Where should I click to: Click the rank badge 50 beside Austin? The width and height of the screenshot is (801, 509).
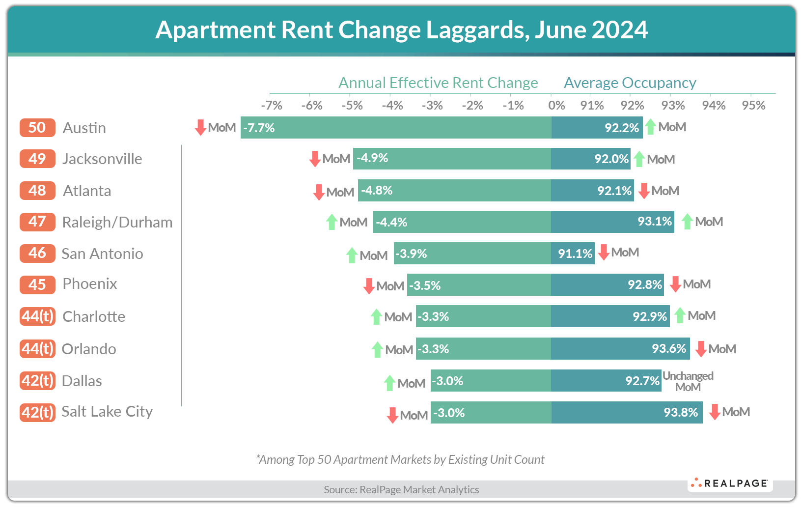[37, 128]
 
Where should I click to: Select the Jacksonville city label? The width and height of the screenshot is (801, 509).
[102, 159]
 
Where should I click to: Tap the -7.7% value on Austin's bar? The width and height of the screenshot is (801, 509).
[259, 128]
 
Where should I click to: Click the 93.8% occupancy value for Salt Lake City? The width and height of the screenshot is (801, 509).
[680, 413]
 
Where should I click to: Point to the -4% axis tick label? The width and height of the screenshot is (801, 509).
[392, 106]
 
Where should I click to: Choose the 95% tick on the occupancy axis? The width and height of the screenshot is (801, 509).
[753, 106]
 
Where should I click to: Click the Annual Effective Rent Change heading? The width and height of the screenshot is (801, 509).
[438, 83]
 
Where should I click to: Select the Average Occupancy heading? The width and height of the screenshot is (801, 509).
[630, 83]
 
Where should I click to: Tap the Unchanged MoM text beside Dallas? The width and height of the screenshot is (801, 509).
[688, 381]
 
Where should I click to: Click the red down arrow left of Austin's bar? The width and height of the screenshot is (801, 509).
[200, 127]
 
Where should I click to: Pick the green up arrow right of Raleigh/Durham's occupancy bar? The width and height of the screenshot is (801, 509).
[687, 222]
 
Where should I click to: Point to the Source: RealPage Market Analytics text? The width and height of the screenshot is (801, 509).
[401, 489]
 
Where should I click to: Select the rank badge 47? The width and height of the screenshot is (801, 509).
[37, 222]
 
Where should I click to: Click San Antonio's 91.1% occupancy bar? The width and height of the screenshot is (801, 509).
[572, 254]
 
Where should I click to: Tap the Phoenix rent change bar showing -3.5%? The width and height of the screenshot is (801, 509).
[479, 285]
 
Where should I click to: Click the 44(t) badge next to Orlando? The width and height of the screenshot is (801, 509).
[37, 349]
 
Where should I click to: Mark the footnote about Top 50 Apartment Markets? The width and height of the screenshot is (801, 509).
[400, 459]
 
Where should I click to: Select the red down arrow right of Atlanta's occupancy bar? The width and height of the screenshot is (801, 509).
[644, 191]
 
